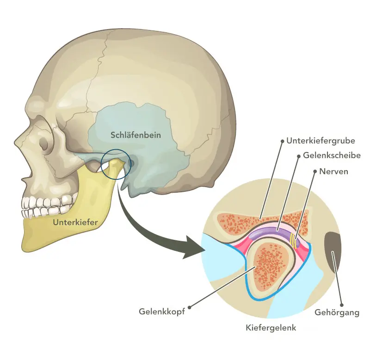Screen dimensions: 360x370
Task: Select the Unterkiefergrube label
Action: coord(320,140)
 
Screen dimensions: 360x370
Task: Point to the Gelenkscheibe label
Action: coord(332,156)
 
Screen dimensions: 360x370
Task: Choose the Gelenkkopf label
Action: coord(162,311)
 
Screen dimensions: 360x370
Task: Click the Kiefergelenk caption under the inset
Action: coord(271,328)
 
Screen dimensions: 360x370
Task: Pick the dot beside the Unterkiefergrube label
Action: coord(282,140)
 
